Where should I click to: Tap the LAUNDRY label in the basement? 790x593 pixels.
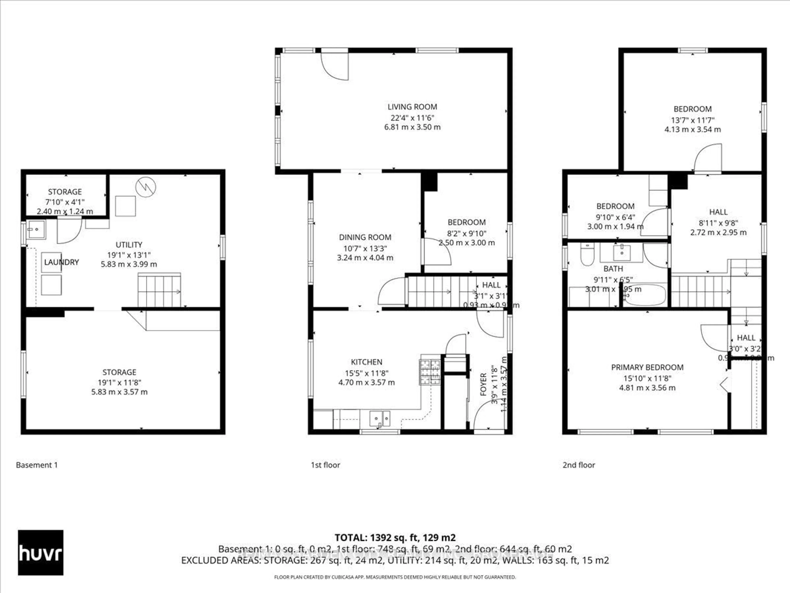pos(62,262)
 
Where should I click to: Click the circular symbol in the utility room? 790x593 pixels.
pos(146,187)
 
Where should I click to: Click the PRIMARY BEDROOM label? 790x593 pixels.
pos(647,367)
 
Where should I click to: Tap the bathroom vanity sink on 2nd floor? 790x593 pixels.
pos(622,252)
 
